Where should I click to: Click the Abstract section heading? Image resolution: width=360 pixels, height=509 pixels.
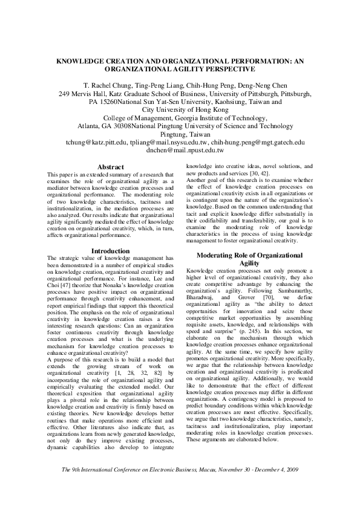click(x=110, y=167)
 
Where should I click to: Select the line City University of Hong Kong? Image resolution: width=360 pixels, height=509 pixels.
click(x=180, y=110)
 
